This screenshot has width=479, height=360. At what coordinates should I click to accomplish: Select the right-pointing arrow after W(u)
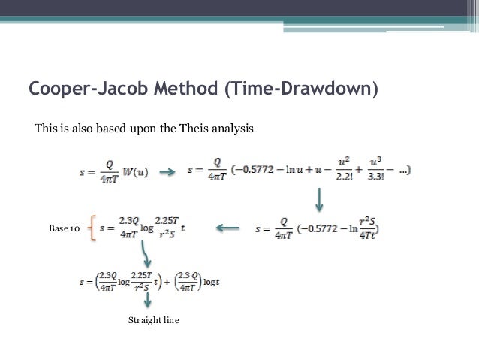(170, 171)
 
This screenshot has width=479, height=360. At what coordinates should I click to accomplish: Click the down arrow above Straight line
(148, 298)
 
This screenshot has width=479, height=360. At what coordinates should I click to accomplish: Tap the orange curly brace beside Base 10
(92, 226)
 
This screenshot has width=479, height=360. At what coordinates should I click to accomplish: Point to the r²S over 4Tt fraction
(372, 227)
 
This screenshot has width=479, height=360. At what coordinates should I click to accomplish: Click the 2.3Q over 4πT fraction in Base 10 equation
(134, 227)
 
